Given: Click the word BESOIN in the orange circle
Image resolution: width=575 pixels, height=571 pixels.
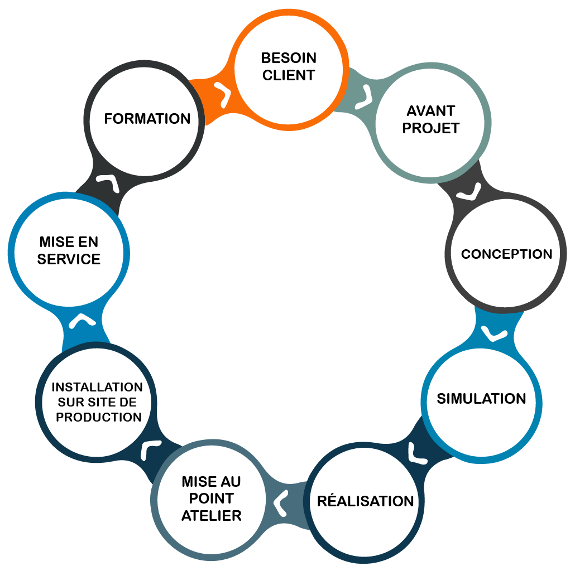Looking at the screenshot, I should pos(289,58).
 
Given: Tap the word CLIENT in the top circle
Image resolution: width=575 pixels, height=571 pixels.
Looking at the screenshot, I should pos(289,75).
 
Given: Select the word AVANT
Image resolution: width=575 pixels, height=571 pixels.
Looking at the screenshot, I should pos(430,110).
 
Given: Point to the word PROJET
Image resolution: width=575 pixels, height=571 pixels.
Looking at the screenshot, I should pos(430,128).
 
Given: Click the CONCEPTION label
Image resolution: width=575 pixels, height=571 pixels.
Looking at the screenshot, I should pos(506,254).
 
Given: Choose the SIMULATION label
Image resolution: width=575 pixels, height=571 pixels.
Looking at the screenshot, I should pos(481,399).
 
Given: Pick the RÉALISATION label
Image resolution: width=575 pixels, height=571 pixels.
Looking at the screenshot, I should pos(366,501).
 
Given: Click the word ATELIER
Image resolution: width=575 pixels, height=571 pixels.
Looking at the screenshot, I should pos(212,515).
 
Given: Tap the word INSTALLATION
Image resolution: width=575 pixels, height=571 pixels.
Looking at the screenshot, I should pos(97,387).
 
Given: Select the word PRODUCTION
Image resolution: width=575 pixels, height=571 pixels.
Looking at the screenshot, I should pos(99,417).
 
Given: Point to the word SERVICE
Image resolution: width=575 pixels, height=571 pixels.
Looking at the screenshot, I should pos(69,259).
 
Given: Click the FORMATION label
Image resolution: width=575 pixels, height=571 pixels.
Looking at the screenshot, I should pos(147,119).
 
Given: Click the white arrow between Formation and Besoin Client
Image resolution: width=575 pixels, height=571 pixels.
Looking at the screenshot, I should pos(223,95).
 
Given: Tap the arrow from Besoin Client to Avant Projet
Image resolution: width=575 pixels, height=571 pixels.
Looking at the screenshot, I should pos(366,95).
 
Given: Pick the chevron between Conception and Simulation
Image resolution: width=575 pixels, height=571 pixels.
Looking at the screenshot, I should pos(494,333).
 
